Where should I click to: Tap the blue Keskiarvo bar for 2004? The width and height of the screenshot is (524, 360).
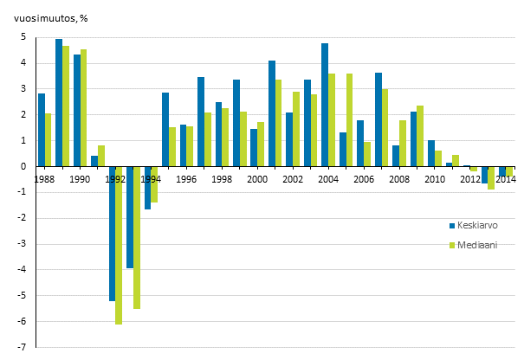point(325,105)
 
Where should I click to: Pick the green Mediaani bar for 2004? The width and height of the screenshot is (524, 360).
point(332,120)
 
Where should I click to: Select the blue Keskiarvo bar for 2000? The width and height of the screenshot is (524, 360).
point(254,148)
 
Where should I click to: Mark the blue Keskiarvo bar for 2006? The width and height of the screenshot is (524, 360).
point(360,144)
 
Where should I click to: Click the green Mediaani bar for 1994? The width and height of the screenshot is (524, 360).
point(155,184)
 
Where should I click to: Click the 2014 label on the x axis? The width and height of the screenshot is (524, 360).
point(507,179)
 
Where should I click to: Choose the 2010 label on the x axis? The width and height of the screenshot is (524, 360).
point(436,179)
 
